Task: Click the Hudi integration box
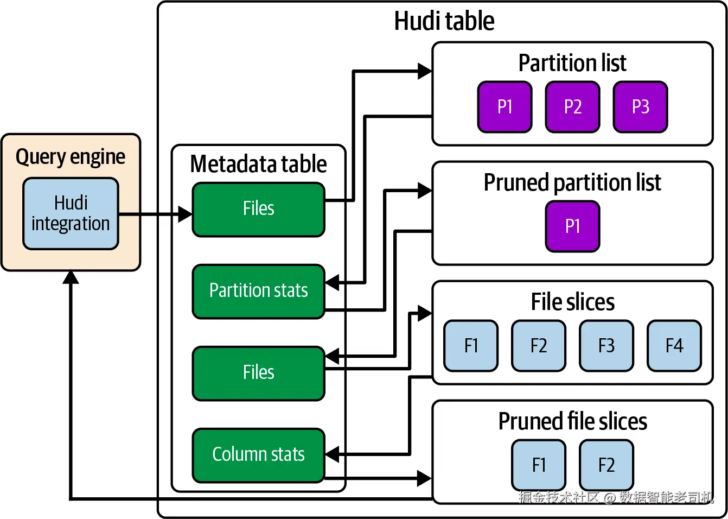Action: click(71, 213)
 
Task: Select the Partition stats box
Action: click(258, 291)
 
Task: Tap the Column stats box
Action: click(258, 455)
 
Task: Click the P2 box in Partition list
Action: click(572, 107)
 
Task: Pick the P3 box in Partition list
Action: click(640, 107)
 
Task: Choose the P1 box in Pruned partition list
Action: click(572, 226)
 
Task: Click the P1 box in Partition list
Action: click(505, 107)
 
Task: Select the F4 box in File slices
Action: click(674, 346)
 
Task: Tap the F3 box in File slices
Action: click(606, 346)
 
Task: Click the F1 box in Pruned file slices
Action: click(538, 465)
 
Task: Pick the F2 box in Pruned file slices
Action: click(606, 465)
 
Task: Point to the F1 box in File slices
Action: click(471, 346)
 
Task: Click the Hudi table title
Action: click(444, 21)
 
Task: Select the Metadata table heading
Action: click(258, 164)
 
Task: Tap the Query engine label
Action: click(71, 157)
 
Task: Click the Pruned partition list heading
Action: click(572, 182)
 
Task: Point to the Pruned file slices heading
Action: click(572, 421)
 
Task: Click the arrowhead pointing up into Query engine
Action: click(71, 277)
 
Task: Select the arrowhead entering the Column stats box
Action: click(332, 454)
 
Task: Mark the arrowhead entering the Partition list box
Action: click(425, 71)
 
